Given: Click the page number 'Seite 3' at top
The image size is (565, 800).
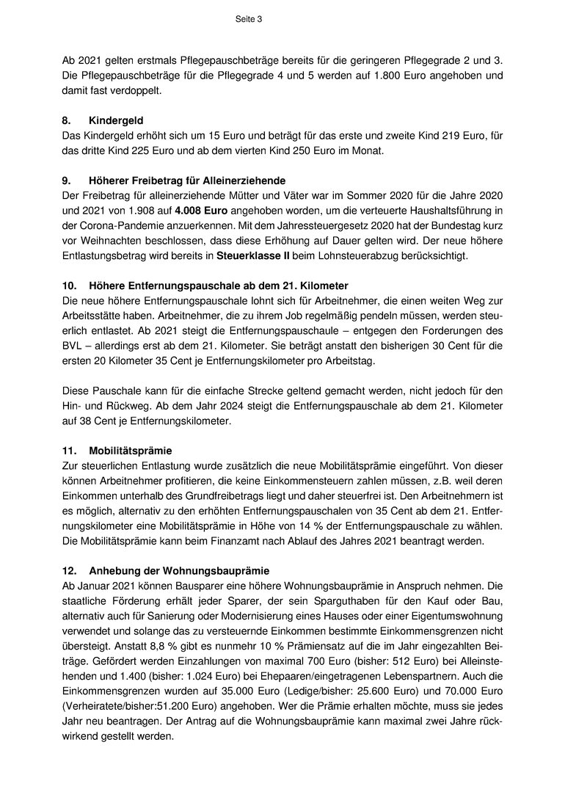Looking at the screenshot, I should [x=249, y=20].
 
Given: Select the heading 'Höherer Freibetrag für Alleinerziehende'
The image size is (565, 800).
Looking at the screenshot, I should [x=187, y=181].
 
